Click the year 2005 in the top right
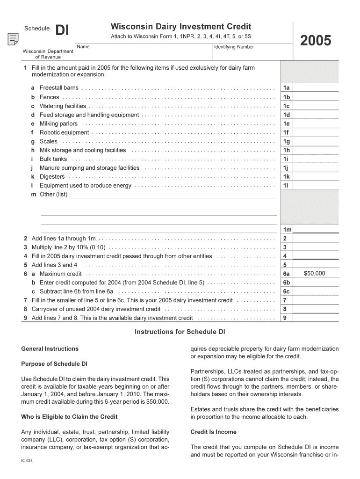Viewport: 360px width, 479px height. click(316, 41)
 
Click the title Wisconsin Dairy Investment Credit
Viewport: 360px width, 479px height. click(180, 27)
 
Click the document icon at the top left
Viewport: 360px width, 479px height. click(13, 39)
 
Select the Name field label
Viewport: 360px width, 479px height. click(83, 47)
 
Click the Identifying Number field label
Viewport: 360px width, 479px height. click(234, 47)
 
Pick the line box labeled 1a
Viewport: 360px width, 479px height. click(286, 88)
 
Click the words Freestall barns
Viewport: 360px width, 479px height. click(59, 88)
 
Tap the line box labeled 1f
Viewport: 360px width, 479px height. click(286, 132)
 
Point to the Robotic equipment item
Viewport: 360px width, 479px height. click(64, 132)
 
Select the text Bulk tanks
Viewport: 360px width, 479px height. click(53, 159)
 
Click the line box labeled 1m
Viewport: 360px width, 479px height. click(287, 230)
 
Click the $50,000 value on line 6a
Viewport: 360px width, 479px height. click(314, 274)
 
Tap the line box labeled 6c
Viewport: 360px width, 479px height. click(286, 291)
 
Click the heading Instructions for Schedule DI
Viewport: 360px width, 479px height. click(180, 332)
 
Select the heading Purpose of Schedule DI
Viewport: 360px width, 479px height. click(54, 364)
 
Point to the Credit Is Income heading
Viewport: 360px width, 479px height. click(213, 432)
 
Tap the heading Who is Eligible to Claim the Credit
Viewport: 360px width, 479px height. click(69, 417)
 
